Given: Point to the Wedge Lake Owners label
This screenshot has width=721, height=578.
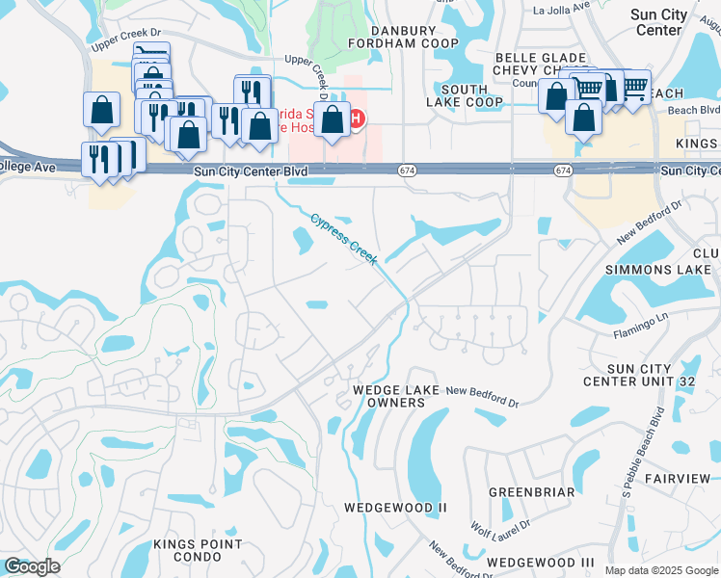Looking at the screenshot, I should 396,396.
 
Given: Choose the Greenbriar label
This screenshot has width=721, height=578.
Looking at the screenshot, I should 531,492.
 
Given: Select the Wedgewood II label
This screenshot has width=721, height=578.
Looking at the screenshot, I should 396,507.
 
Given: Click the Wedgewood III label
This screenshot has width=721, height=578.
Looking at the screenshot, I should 541,562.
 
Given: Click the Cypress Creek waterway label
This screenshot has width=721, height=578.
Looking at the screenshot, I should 344,236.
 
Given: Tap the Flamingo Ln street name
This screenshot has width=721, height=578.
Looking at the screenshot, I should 640,331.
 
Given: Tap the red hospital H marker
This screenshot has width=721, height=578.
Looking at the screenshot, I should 357,119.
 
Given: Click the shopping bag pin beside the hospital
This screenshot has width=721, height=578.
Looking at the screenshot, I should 333,120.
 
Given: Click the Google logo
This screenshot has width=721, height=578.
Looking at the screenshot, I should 32,566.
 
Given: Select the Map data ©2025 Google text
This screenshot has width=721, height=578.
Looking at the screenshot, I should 660,570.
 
